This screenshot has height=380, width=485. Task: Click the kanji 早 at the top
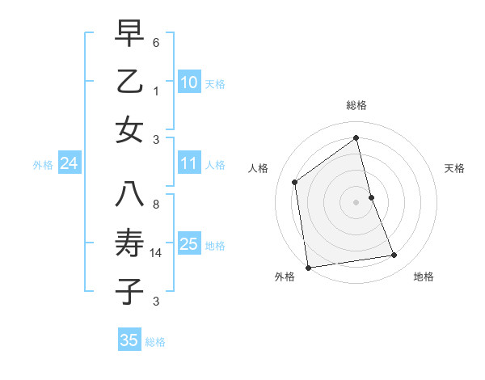pos(129,35)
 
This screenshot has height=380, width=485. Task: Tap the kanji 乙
pos(129,82)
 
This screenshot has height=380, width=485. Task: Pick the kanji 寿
pos(129,243)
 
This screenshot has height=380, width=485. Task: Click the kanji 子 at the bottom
pos(129,291)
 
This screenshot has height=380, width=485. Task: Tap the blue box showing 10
pos(188,82)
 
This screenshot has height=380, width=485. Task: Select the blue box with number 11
pos(188,164)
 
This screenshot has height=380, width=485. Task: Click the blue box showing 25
pos(188,244)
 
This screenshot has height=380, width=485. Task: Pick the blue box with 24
pos(69,164)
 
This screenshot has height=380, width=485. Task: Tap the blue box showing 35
pos(129,340)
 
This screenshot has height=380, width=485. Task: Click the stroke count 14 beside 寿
pos(157,254)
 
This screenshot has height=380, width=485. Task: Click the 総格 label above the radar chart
pos(356,105)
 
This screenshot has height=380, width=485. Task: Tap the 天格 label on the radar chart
pos(455,168)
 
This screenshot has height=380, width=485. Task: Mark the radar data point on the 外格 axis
pos(308,268)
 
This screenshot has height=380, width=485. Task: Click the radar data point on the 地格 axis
pos(394,255)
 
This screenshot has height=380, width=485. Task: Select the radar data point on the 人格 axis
pos(295,182)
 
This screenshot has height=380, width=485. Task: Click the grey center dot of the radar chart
pos(356,201)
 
